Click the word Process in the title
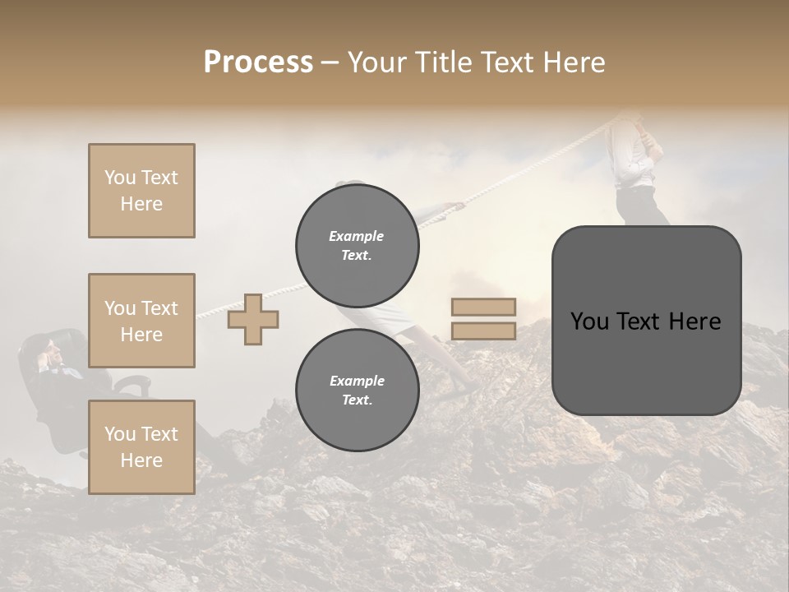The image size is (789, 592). (258, 62)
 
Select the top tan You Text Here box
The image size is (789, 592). (141, 191)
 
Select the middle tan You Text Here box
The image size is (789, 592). (141, 321)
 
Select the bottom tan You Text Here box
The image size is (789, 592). (141, 447)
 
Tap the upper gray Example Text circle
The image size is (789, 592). (357, 245)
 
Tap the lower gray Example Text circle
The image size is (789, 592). (357, 390)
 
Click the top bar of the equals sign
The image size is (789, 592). (483, 308)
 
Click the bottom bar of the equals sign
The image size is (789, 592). (483, 331)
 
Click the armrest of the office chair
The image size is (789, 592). (131, 382)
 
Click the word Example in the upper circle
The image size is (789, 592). (357, 236)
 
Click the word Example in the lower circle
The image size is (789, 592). (357, 381)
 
